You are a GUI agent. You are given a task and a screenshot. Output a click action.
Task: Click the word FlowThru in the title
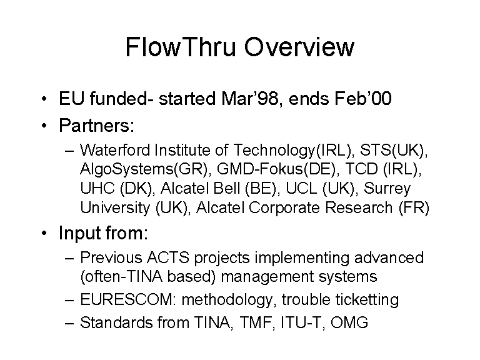coord(181,47)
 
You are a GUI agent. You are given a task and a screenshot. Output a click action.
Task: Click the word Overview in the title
coord(299,47)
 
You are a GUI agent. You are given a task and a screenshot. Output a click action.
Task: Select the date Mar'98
coord(250,99)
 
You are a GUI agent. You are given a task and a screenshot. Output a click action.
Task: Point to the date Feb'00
coord(363,99)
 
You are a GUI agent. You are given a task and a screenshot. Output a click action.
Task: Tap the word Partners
coord(96,125)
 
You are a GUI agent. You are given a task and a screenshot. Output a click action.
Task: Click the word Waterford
coord(115,150)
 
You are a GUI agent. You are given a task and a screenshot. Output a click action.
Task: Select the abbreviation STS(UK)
coord(392,150)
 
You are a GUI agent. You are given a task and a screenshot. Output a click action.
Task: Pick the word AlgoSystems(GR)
coord(144,169)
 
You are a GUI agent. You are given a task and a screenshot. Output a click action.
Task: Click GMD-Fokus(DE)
coord(276,169)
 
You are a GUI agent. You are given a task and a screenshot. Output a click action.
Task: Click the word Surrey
coord(387,189)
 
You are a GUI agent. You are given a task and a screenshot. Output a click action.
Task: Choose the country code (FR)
coord(414,208)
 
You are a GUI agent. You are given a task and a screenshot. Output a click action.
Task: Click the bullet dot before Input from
coord(44,233)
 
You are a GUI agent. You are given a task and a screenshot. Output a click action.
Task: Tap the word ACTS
coord(168,257)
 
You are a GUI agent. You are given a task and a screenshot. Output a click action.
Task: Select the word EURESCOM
coord(126,299)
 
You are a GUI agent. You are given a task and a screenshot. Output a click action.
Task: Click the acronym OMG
coord(349,322)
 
